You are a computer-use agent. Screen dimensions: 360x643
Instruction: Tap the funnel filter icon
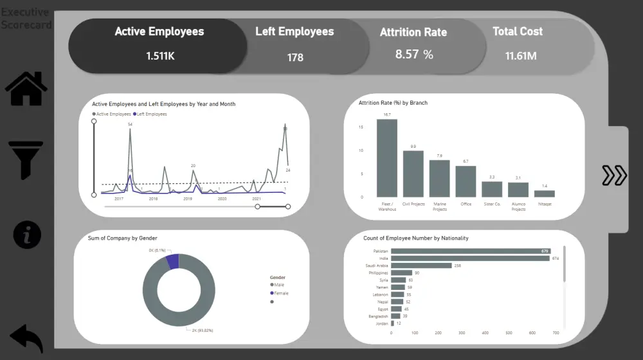point(26,159)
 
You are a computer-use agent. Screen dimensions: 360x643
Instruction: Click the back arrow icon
point(26,338)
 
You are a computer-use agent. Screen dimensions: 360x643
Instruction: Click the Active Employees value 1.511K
point(160,56)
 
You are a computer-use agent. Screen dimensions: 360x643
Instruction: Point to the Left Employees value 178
point(295,57)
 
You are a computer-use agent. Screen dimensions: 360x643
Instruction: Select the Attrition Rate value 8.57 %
point(414,55)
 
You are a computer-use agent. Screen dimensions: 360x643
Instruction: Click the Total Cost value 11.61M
point(521,56)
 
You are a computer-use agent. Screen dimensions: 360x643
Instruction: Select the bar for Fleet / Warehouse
point(386,158)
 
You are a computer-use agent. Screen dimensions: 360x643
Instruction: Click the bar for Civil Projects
point(413,174)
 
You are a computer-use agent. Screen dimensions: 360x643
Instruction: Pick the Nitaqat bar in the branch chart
point(544,194)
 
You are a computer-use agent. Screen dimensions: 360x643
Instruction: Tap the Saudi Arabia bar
point(413,265)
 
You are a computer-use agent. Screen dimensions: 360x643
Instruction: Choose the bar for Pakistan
point(471,251)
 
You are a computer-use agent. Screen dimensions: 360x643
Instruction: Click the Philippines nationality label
point(378,273)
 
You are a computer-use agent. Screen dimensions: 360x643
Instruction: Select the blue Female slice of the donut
point(172,260)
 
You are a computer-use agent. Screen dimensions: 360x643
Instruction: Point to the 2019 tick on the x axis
point(188,199)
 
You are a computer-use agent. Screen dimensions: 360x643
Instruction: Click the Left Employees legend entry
point(152,114)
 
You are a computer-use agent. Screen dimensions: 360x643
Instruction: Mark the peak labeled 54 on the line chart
point(131,130)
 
